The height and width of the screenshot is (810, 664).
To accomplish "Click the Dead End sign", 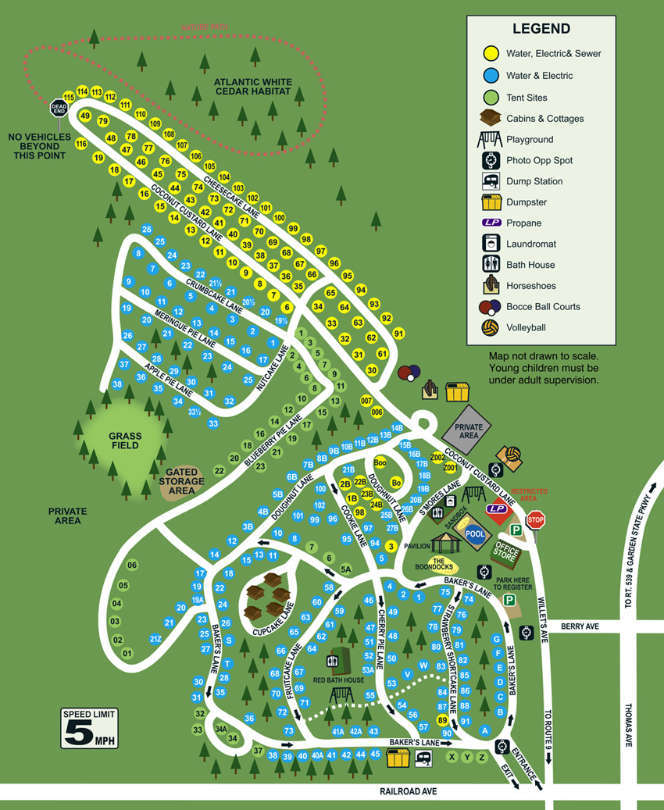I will (59, 108).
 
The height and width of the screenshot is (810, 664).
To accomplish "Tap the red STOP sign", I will (535, 519).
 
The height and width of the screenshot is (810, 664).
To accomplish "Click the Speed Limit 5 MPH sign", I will (90, 729).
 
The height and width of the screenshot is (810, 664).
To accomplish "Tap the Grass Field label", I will (124, 440).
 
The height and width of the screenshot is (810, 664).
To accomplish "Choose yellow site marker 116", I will (81, 144).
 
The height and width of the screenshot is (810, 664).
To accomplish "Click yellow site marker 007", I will (366, 400).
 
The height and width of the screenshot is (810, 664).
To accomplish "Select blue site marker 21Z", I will (155, 640).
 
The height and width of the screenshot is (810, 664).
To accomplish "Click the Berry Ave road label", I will (580, 626).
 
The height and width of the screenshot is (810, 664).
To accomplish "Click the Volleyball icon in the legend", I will (491, 327).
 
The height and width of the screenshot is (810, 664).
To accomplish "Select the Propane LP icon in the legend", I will (491, 223).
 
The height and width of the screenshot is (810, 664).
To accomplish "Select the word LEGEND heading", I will (541, 29).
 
